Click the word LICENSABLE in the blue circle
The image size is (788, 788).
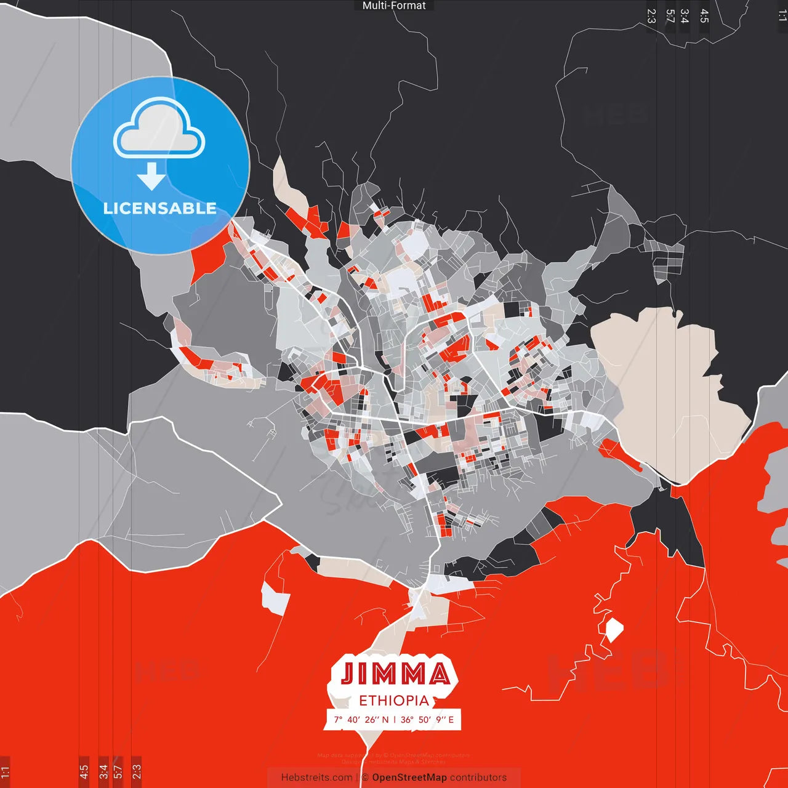coord(159,208)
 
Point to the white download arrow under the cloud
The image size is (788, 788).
coord(151,176)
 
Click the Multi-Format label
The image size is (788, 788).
coord(394,6)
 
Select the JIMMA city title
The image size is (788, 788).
coord(395,674)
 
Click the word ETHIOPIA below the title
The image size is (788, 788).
coord(394,701)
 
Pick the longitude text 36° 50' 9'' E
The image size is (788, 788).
coord(427,720)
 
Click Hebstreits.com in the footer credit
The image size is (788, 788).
coord(316,778)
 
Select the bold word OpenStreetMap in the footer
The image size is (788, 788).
coord(409,778)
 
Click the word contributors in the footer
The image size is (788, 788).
coord(478,778)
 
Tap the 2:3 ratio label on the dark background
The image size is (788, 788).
coord(651,16)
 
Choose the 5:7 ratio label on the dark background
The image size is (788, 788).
coord(670,16)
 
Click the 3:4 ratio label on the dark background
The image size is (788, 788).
coord(685,16)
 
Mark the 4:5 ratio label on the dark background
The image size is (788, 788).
coord(704,16)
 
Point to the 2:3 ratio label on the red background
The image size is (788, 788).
coord(136,771)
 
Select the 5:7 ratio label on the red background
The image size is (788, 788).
coord(118,771)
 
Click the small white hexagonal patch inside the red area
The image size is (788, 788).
coord(614,630)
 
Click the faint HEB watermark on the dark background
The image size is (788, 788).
coord(616,115)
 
